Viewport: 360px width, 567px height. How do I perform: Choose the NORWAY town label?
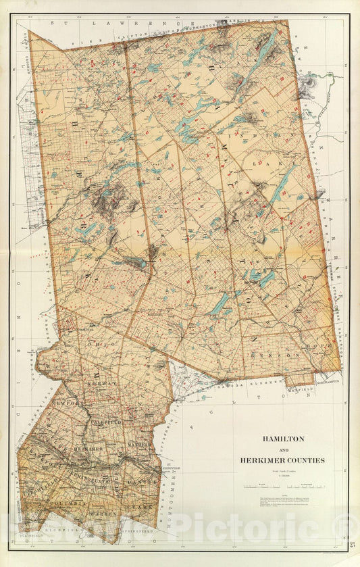click(x=101, y=383)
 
